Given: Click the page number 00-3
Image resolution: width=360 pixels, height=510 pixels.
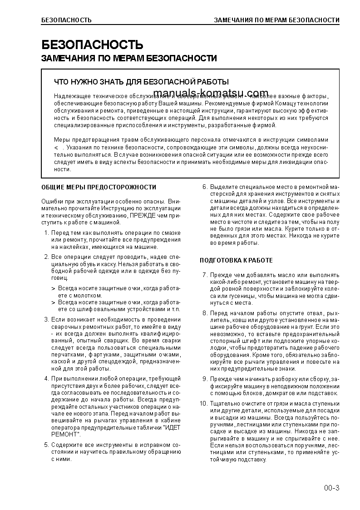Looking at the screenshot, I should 331,488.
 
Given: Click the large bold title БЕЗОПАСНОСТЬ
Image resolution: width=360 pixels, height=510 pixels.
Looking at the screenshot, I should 92,45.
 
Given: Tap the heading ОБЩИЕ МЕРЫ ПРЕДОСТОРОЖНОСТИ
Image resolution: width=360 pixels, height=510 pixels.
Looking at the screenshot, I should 99,187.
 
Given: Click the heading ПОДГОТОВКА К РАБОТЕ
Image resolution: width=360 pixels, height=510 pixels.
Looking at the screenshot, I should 236,260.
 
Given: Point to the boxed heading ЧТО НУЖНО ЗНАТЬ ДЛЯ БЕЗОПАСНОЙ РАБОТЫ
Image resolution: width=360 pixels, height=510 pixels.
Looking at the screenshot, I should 141,82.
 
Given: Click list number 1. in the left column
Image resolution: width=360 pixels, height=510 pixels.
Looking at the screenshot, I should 46,233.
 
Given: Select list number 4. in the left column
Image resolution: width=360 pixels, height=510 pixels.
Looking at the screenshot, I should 46,378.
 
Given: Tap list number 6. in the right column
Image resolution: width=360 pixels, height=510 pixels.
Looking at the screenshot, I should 205,187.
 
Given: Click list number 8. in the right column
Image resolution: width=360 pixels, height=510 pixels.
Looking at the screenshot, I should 205,313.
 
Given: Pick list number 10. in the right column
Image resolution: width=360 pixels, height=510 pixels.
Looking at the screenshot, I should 203,404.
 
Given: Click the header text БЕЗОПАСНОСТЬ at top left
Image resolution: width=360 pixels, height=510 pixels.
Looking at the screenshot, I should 66,20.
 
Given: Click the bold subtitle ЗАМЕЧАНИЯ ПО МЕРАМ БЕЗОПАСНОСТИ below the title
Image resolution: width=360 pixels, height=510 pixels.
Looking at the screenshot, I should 129,59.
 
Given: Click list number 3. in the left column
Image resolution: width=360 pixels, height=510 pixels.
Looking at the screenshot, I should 46,319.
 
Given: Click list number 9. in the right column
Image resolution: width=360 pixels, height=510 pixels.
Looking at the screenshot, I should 205,378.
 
